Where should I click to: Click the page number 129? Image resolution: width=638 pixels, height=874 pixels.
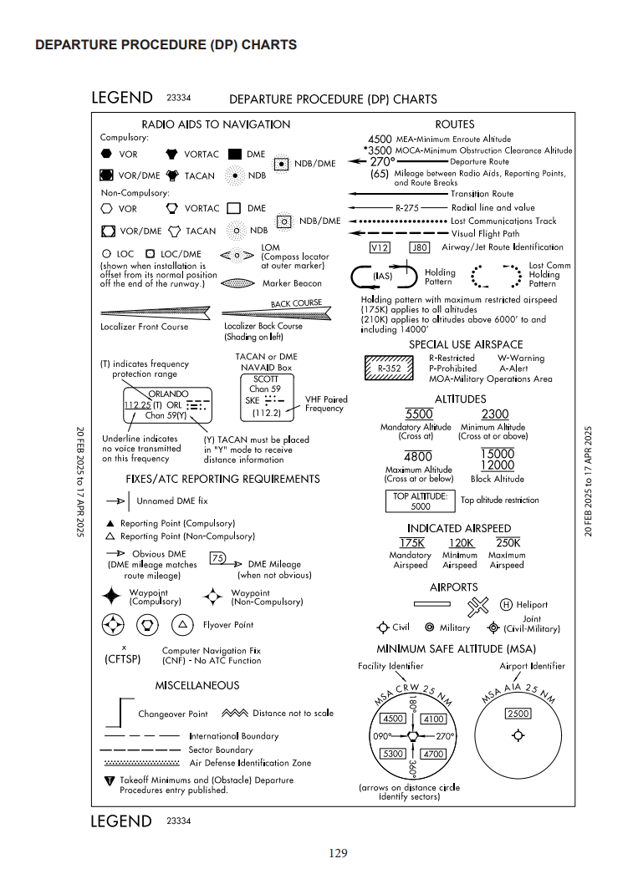tap(338, 853)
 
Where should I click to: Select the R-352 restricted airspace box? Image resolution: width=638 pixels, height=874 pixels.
tap(390, 368)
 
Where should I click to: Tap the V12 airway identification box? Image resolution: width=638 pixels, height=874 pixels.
tap(380, 247)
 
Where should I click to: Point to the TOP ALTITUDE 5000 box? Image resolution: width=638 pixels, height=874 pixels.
tap(421, 501)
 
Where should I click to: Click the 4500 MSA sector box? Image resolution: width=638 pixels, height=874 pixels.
tap(392, 719)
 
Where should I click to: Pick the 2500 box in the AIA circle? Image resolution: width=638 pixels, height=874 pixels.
tap(518, 714)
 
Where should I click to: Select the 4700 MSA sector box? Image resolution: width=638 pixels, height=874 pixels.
tap(434, 754)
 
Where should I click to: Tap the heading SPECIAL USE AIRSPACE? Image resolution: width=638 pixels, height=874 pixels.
tap(466, 344)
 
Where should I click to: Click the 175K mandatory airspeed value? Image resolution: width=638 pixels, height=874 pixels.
tap(411, 543)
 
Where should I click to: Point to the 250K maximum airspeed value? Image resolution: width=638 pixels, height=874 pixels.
tap(508, 543)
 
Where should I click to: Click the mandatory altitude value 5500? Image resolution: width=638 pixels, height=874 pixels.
tap(418, 414)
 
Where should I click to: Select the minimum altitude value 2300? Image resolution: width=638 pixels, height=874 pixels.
tap(495, 414)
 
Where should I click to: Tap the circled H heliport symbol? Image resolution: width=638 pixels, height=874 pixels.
tap(506, 605)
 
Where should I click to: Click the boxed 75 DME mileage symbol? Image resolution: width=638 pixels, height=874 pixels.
tap(217, 558)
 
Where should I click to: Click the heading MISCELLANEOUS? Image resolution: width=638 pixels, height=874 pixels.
tap(197, 685)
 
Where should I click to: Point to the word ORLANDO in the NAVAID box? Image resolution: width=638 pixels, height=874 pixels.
tap(168, 394)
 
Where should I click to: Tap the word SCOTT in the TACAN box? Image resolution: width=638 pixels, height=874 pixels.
tap(265, 379)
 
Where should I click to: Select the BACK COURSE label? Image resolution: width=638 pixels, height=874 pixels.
tap(296, 303)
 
